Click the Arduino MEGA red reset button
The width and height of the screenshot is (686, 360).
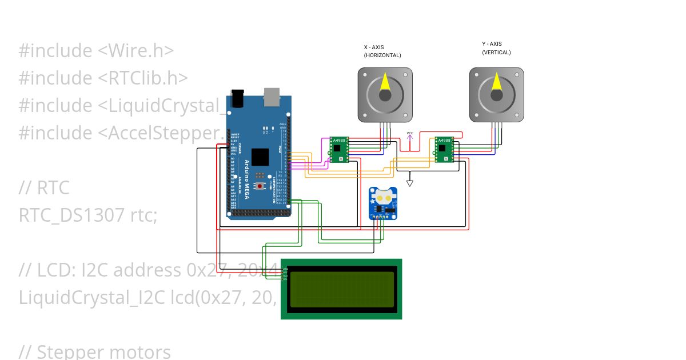pyautogui.click(x=260, y=186)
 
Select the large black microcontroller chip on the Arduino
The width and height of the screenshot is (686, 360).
pyautogui.click(x=260, y=157)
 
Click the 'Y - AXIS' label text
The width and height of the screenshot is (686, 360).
pyautogui.click(x=492, y=43)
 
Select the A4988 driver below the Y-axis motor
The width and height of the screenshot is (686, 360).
pyautogui.click(x=444, y=150)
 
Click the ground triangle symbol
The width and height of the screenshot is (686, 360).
pyautogui.click(x=410, y=183)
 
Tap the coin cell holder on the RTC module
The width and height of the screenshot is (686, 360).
pyautogui.click(x=382, y=197)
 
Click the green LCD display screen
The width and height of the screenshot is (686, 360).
pyautogui.click(x=342, y=289)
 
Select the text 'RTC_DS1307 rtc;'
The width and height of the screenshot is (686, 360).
pyautogui.click(x=87, y=215)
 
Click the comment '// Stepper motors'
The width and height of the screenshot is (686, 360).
pyautogui.click(x=95, y=351)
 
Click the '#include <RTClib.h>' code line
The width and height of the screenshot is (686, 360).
pyautogui.click(x=103, y=78)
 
